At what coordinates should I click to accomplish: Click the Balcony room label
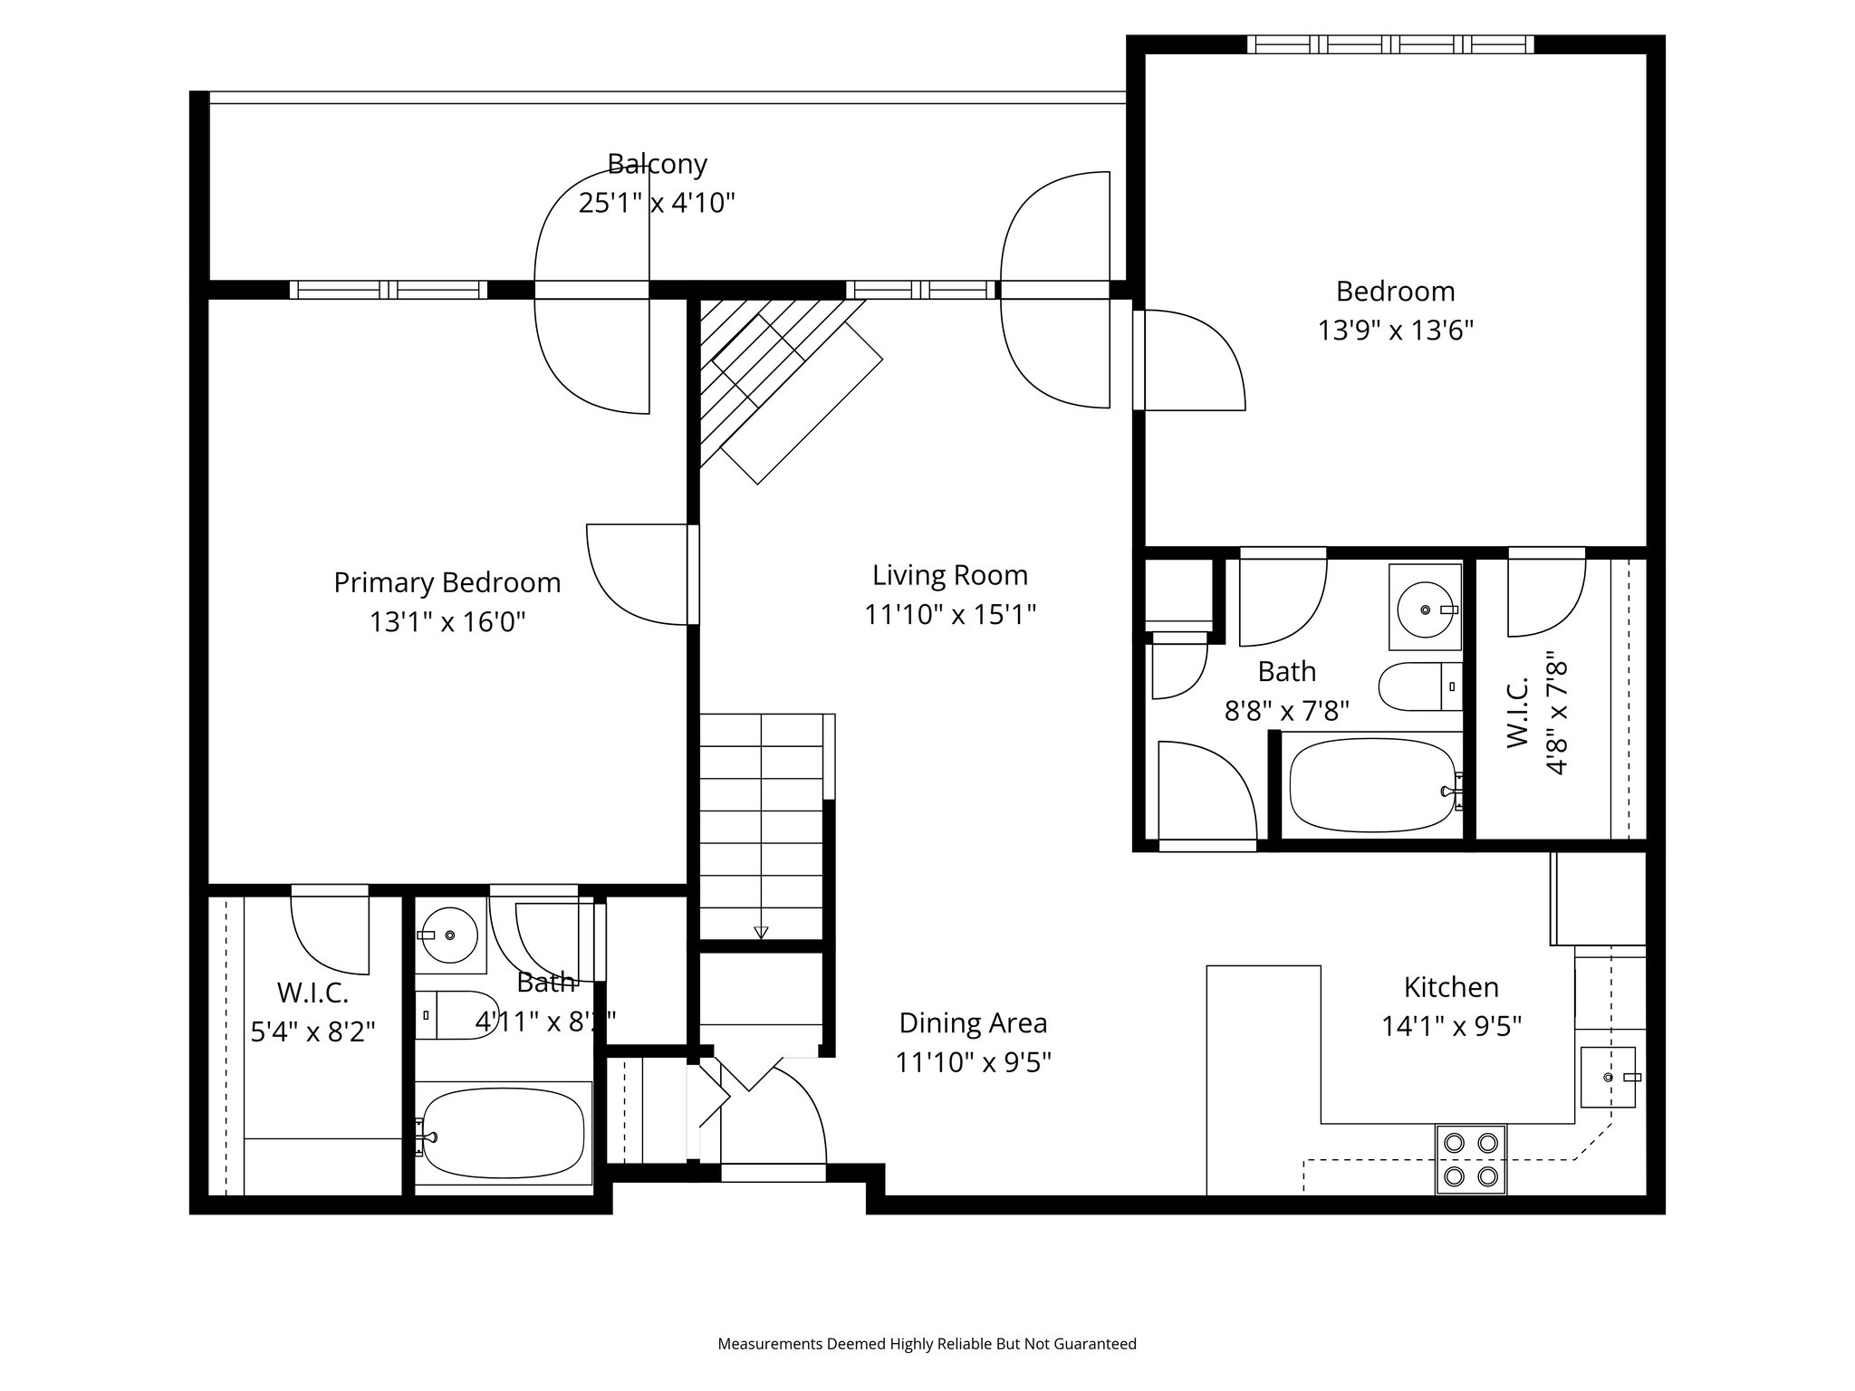(x=657, y=164)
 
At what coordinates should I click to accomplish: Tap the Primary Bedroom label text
(x=447, y=582)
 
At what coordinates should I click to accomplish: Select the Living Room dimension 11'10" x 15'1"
(x=950, y=615)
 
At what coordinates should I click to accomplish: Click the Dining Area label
(x=973, y=1023)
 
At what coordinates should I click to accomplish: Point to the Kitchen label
(x=1451, y=987)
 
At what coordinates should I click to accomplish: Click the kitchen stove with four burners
(x=1470, y=1159)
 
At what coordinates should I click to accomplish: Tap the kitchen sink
(x=1609, y=1077)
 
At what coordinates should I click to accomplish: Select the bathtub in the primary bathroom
(x=503, y=1132)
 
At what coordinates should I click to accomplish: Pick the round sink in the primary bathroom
(x=450, y=935)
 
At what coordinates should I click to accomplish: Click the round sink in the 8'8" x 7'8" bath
(x=1425, y=609)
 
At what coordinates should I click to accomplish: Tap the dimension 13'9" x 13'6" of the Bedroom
(x=1396, y=331)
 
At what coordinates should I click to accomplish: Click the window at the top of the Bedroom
(x=1390, y=44)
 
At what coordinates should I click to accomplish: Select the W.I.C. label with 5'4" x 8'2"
(x=312, y=1012)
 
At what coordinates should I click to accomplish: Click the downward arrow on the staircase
(x=761, y=933)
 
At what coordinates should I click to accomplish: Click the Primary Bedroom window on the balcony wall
(x=389, y=290)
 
